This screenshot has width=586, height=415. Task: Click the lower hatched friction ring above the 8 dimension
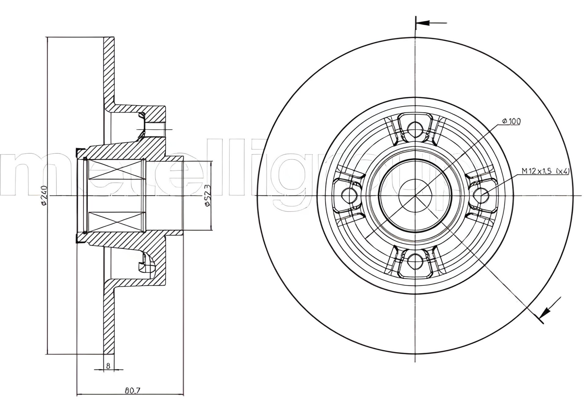point(109,318)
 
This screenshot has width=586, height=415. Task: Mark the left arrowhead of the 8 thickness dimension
point(101,369)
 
